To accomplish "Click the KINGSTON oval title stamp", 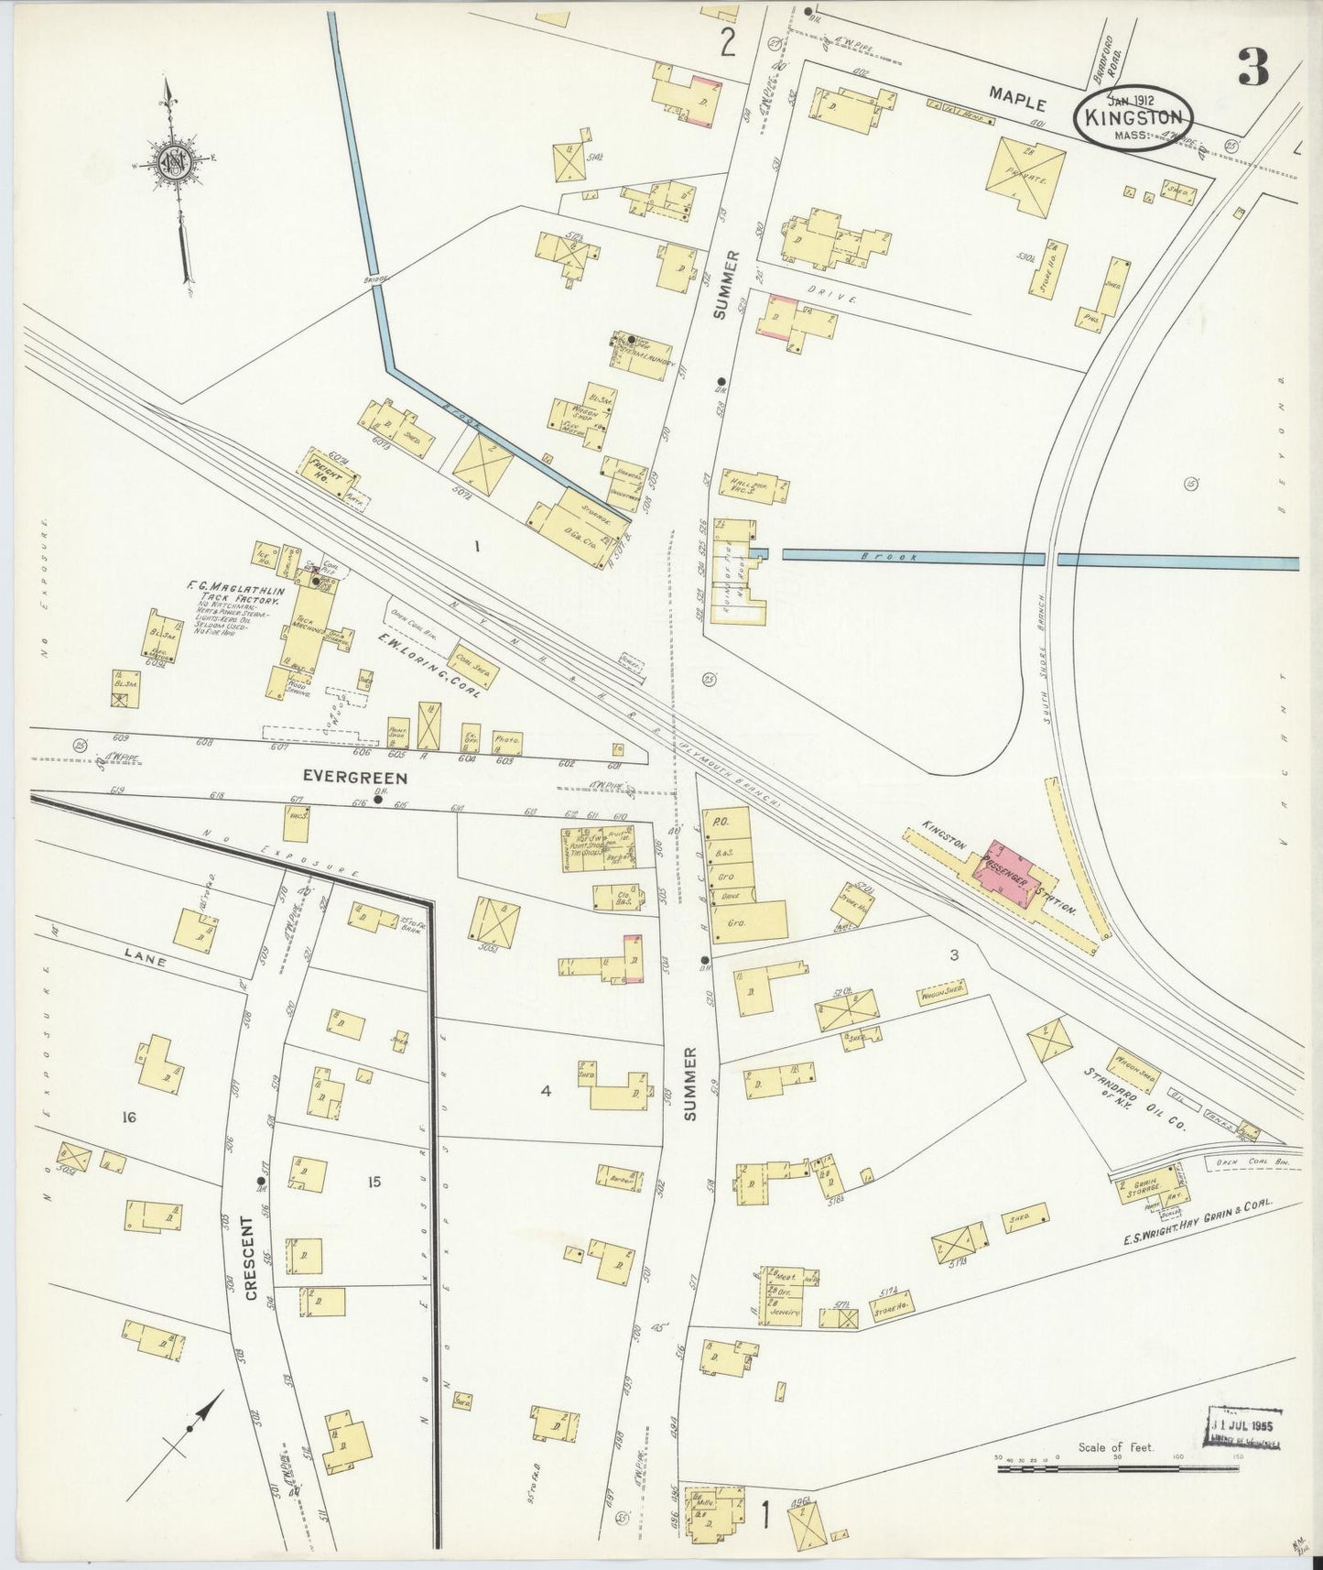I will pyautogui.click(x=1133, y=118).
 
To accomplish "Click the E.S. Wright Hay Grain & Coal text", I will pyautogui.click(x=1212, y=1217).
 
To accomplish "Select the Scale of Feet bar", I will pyautogui.click(x=1117, y=1469).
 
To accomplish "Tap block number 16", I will pyautogui.click(x=128, y=1117).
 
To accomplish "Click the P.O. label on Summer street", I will pyautogui.click(x=719, y=823).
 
